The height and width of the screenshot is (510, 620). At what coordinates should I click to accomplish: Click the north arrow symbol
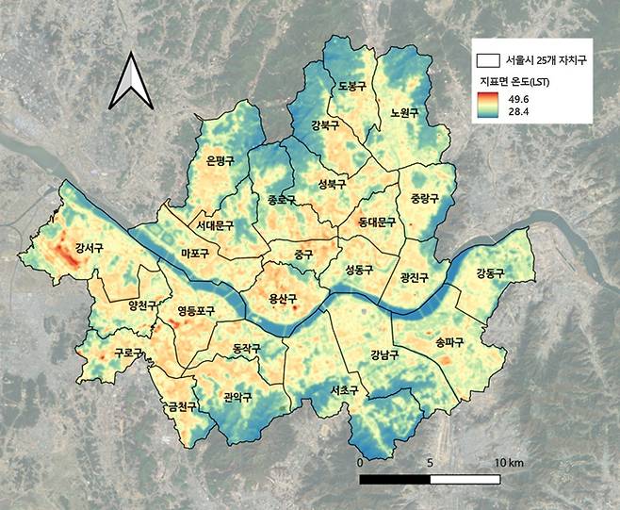point(128,84)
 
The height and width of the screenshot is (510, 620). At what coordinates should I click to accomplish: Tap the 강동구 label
point(490,273)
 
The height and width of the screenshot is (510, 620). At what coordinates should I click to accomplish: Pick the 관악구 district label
point(237,397)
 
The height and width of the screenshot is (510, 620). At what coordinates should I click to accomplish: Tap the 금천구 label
point(180,407)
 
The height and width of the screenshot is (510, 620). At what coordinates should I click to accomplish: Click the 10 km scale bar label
point(509,464)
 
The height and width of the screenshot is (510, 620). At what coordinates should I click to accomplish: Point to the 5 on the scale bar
point(431,464)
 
